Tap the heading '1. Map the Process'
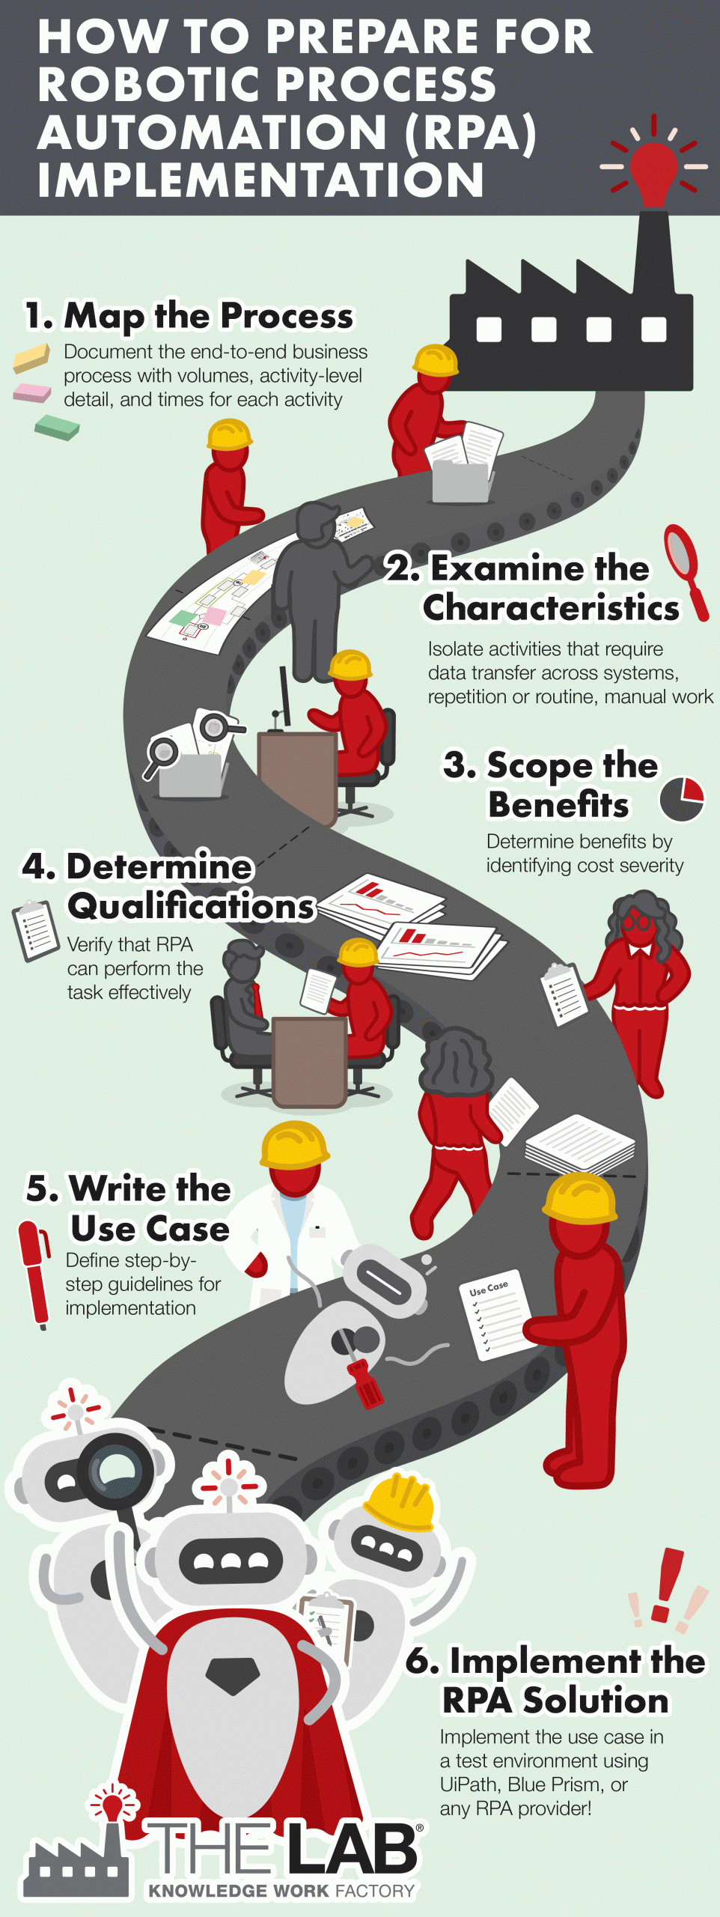pyautogui.click(x=189, y=315)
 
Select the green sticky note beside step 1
pyautogui.click(x=57, y=428)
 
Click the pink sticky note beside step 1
pyautogui.click(x=31, y=392)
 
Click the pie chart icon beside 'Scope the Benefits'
pyautogui.click(x=682, y=798)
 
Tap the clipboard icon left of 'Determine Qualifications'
pyautogui.click(x=35, y=930)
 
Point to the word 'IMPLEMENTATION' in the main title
pyautogui.click(x=260, y=180)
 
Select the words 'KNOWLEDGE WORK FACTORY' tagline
pyautogui.click(x=281, y=1891)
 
